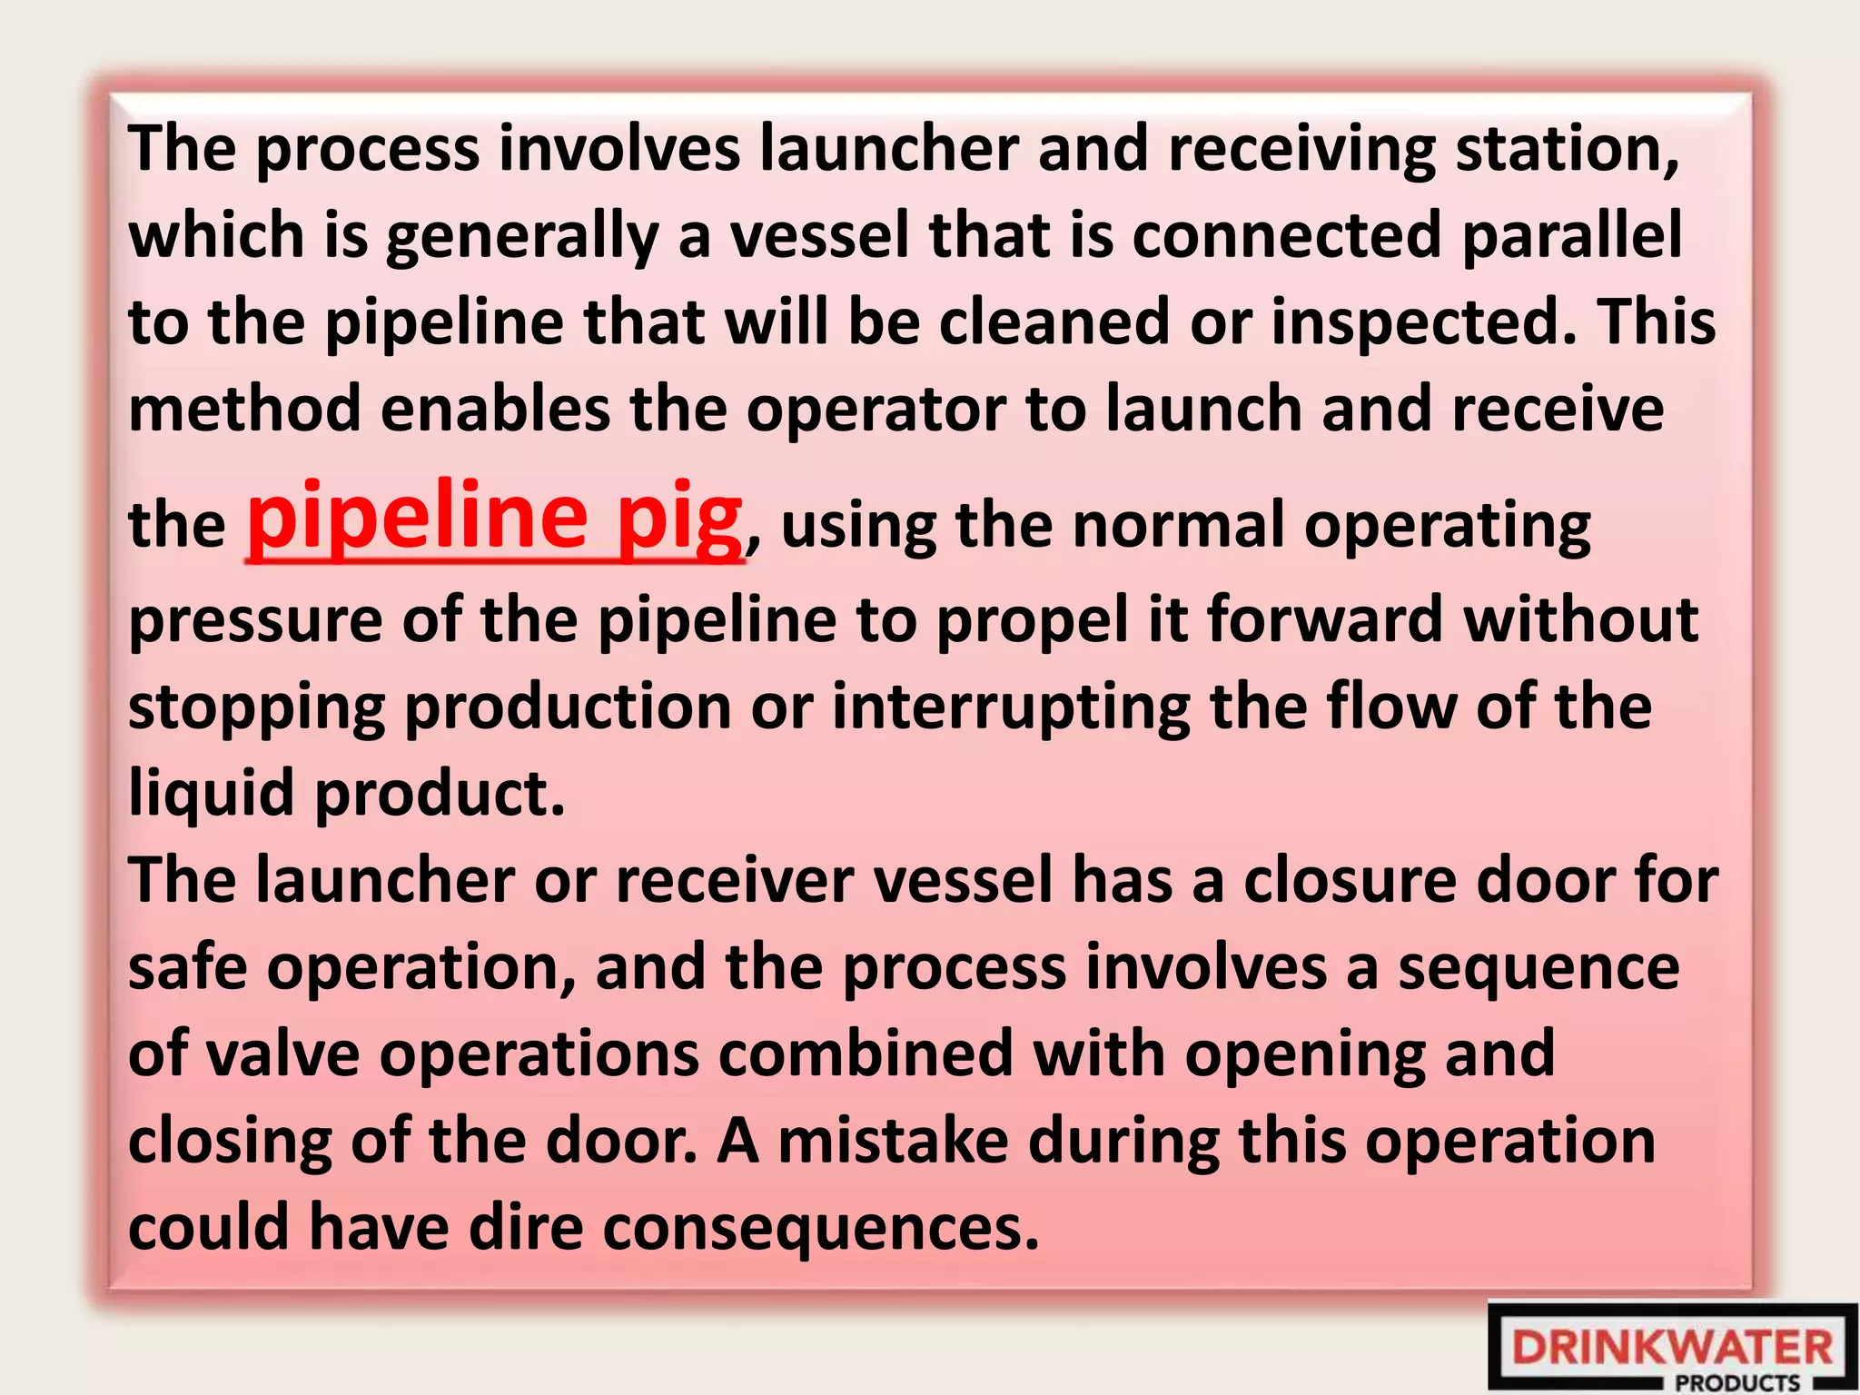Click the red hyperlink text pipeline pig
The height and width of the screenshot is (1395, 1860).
coord(495,518)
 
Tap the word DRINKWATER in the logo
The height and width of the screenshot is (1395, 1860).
coord(1672,1347)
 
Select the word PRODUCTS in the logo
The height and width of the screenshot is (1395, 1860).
coord(1737,1383)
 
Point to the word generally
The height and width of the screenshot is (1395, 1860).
coord(522,236)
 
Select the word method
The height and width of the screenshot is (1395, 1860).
coord(244,409)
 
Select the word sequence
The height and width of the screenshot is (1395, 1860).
coord(1538,968)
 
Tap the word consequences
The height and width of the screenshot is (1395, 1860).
coord(821,1227)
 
